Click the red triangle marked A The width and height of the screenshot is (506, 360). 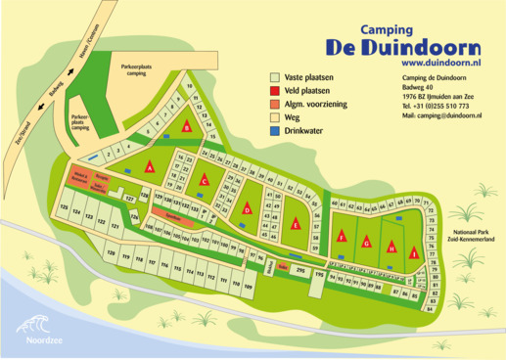click(150, 167)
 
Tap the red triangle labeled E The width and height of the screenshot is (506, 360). click(295, 224)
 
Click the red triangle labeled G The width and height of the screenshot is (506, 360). click(366, 242)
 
